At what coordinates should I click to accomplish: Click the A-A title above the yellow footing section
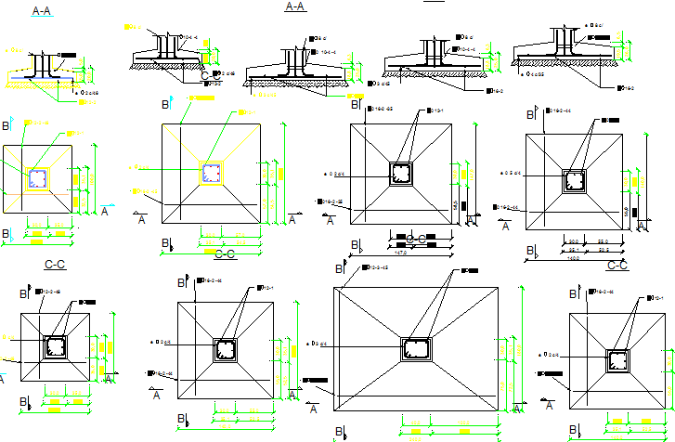(x=42, y=11)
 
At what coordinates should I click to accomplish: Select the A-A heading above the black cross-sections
(x=295, y=6)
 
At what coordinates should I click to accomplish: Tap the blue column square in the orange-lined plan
(x=37, y=178)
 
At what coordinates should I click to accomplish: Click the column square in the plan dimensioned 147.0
(x=401, y=174)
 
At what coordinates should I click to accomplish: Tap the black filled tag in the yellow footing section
(x=67, y=56)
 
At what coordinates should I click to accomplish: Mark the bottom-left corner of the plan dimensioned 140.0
(x=526, y=229)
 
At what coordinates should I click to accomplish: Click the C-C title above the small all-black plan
(x=55, y=266)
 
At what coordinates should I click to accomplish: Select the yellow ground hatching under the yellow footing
(x=42, y=85)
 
